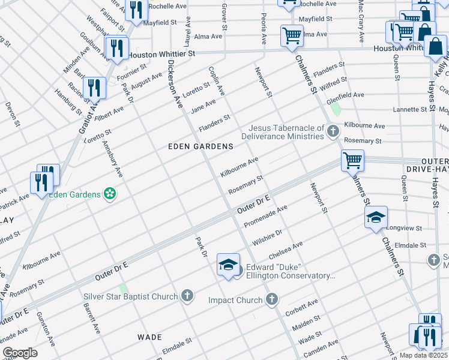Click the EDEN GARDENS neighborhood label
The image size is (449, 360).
tap(200, 146)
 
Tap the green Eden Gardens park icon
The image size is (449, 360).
tap(110, 193)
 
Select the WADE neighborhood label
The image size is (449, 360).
tap(150, 337)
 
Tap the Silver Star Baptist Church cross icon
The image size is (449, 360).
tap(188, 296)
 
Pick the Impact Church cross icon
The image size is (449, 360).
tap(272, 299)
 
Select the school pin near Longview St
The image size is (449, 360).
tap(375, 218)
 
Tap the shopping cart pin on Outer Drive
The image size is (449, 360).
tap(352, 160)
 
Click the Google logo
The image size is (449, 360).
tap(20, 353)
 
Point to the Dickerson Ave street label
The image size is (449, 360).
tap(175, 83)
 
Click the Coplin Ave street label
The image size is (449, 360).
tap(217, 80)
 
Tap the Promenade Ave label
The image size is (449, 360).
tap(265, 217)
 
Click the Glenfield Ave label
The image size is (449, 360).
tap(345, 95)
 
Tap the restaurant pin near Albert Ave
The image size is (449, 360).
tap(94, 88)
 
